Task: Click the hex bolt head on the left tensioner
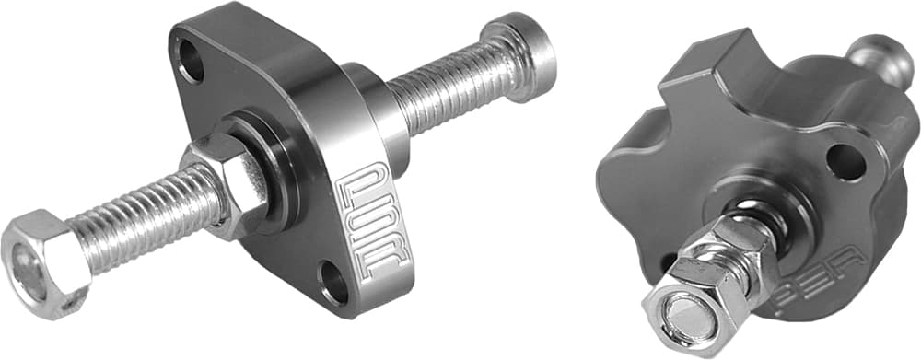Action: pyautogui.click(x=41, y=261)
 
